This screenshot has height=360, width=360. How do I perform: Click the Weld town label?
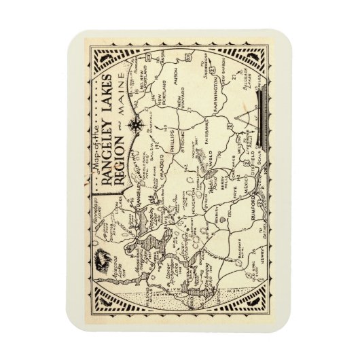(x=207, y=161)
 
